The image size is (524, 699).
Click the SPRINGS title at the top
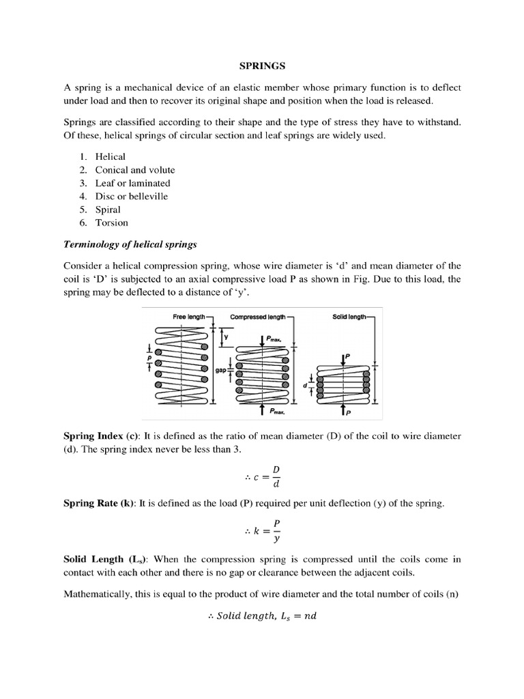(x=262, y=66)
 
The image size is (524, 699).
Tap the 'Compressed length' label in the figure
(x=258, y=317)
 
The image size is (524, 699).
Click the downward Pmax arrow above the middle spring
(x=262, y=339)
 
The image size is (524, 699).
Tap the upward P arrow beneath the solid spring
(x=342, y=410)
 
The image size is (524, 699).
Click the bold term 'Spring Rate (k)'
(x=100, y=503)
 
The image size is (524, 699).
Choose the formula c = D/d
(x=262, y=477)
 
